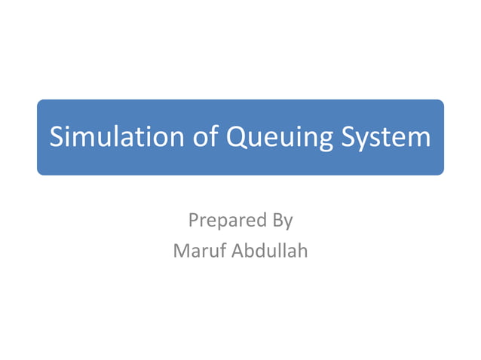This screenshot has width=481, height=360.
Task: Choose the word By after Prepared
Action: point(280,222)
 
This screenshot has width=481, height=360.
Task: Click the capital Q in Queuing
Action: point(235,139)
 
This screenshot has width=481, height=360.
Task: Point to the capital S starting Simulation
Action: point(57,138)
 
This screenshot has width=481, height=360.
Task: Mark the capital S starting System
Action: point(348,138)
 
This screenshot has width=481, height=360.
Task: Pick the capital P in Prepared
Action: point(193,221)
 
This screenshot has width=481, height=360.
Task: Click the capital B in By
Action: point(275,221)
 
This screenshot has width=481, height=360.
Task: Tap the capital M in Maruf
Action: point(182,251)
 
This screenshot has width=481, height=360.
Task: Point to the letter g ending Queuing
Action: point(324,141)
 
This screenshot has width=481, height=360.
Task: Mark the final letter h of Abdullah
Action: point(303,250)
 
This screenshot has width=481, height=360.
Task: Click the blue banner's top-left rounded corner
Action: point(41,103)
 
